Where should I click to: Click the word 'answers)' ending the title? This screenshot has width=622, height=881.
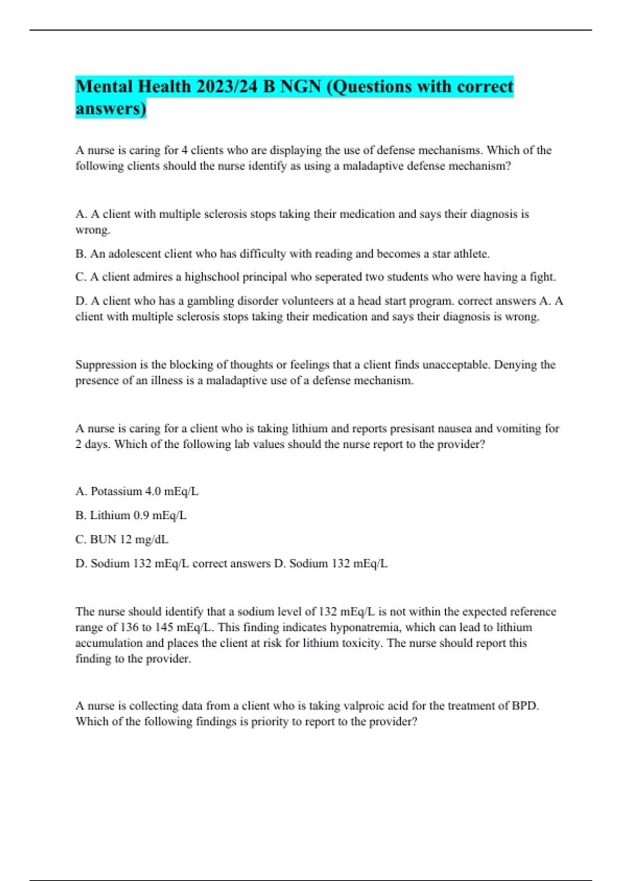click(x=111, y=109)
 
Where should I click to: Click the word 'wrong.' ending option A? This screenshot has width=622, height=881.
click(x=93, y=230)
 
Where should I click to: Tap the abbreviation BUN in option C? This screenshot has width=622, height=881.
click(x=103, y=539)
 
